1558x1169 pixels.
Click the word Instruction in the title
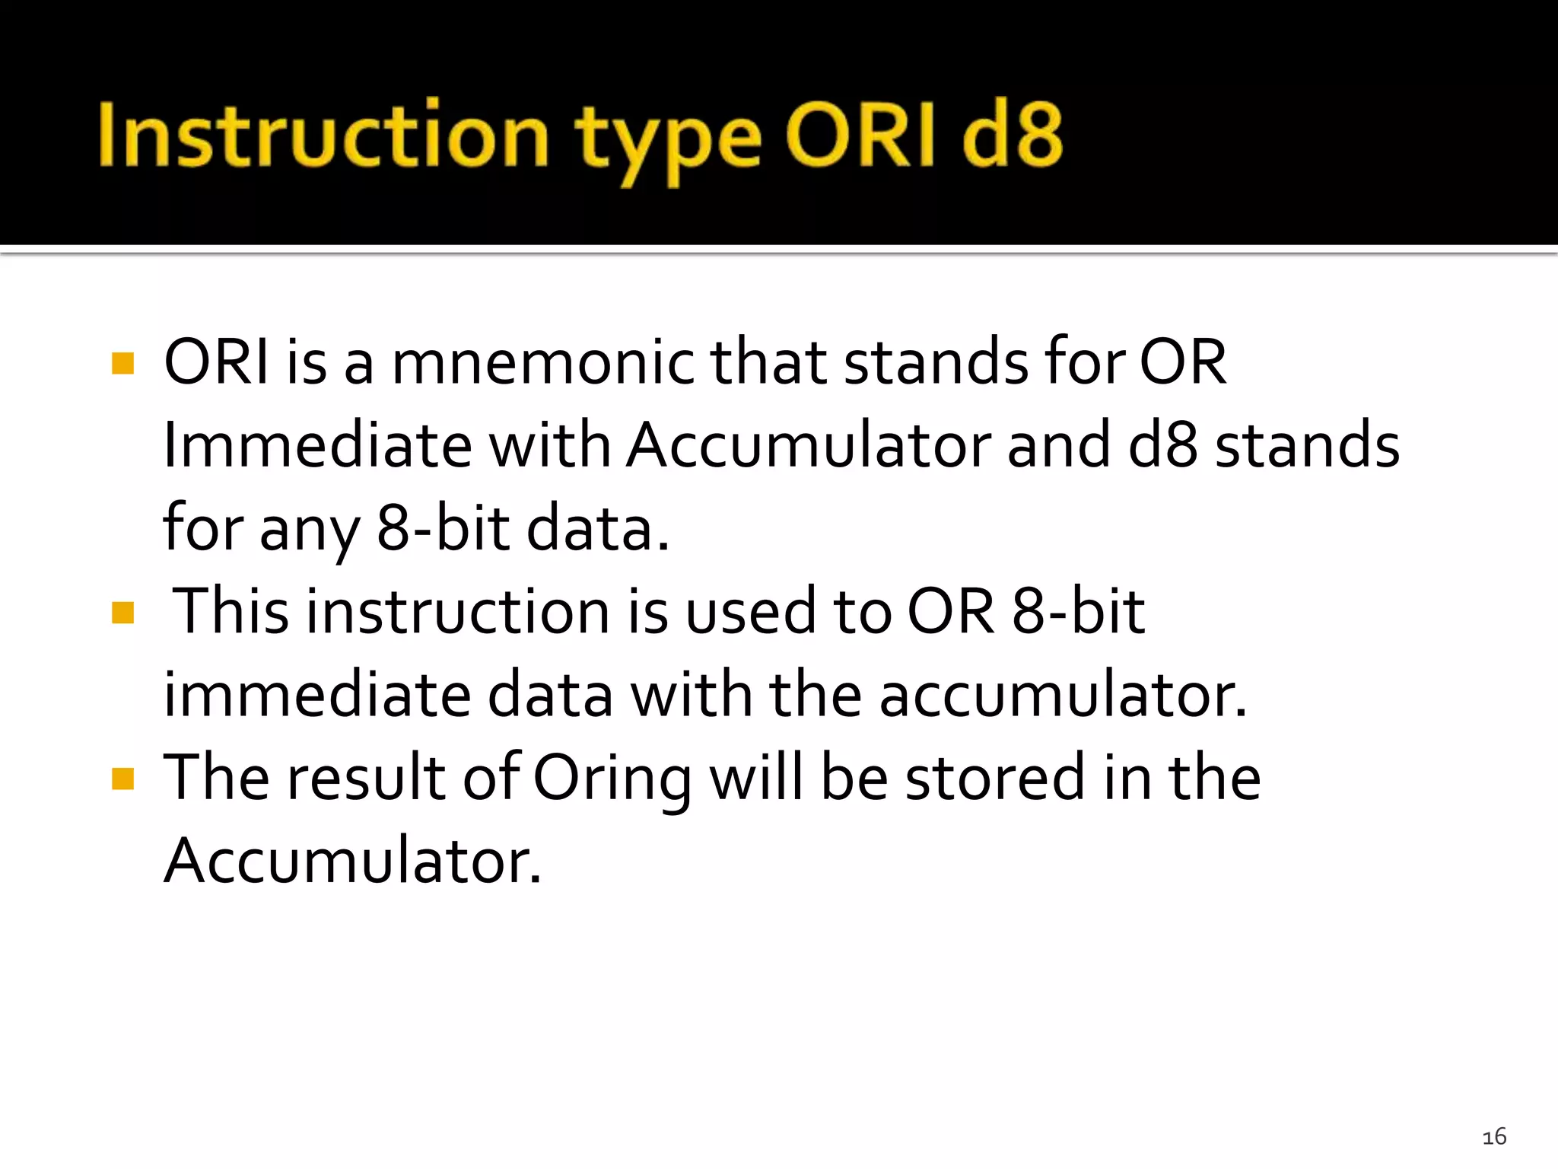tap(323, 135)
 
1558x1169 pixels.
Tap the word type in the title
tap(667, 141)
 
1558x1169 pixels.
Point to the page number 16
tap(1494, 1137)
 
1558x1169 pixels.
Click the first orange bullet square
tap(122, 363)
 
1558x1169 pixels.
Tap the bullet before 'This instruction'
tap(122, 613)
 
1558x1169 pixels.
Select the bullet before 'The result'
tap(122, 779)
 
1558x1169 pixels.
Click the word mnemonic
tap(542, 362)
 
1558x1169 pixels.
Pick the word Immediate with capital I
tap(317, 445)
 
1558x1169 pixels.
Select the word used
tap(750, 613)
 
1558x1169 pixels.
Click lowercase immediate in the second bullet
tap(317, 695)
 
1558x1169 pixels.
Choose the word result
tap(365, 778)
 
